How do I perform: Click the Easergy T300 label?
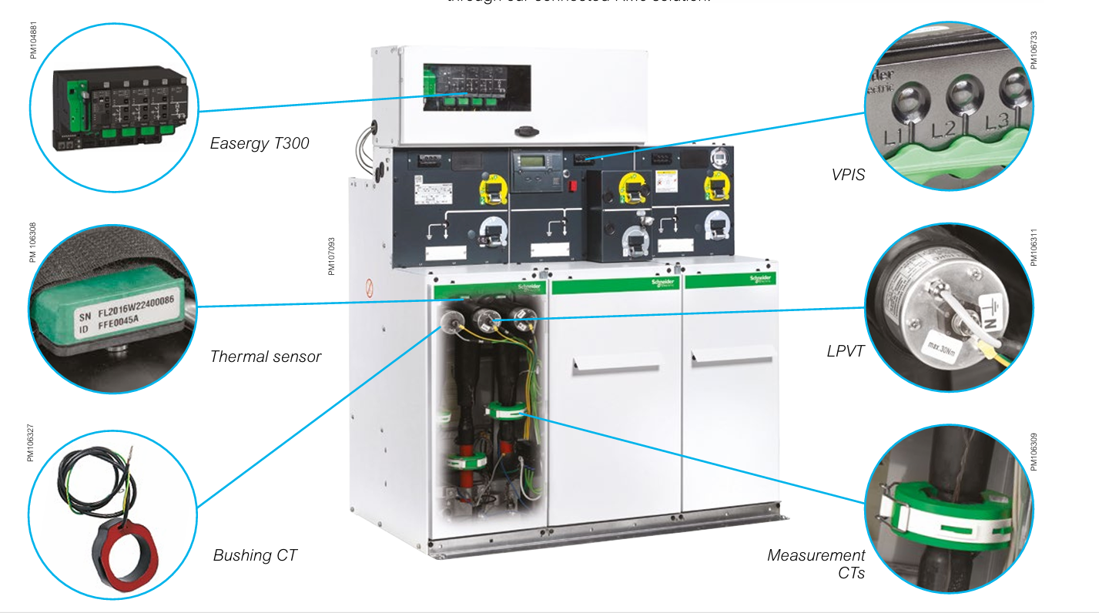click(x=260, y=143)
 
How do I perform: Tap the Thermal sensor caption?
click(x=266, y=357)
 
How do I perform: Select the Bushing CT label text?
click(x=255, y=555)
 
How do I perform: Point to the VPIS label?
click(x=849, y=176)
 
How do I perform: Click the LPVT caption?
click(x=845, y=352)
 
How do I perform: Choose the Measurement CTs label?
click(x=816, y=564)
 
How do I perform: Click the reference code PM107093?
click(x=332, y=256)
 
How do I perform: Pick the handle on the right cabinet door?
click(x=732, y=357)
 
